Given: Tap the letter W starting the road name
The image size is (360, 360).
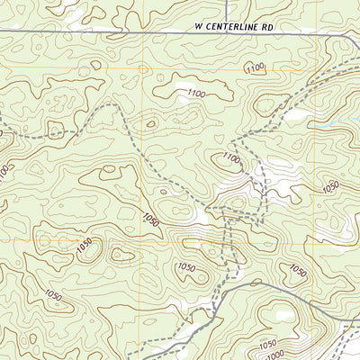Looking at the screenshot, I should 198,28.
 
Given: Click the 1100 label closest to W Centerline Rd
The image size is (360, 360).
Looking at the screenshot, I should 256,67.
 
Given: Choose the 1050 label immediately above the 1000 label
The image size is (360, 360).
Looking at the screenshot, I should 267,345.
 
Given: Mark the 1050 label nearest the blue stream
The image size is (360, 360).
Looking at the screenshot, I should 330,186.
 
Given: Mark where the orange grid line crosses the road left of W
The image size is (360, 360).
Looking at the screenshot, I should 142,32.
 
